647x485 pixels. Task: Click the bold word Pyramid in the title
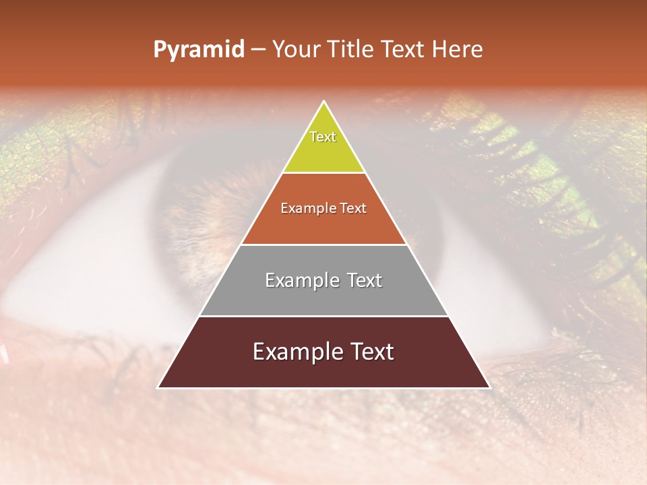click(198, 50)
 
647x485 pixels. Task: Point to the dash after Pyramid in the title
click(257, 50)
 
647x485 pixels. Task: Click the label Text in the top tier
click(323, 137)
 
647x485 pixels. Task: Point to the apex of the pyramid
click(324, 102)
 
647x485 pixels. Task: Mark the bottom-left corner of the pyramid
click(158, 387)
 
